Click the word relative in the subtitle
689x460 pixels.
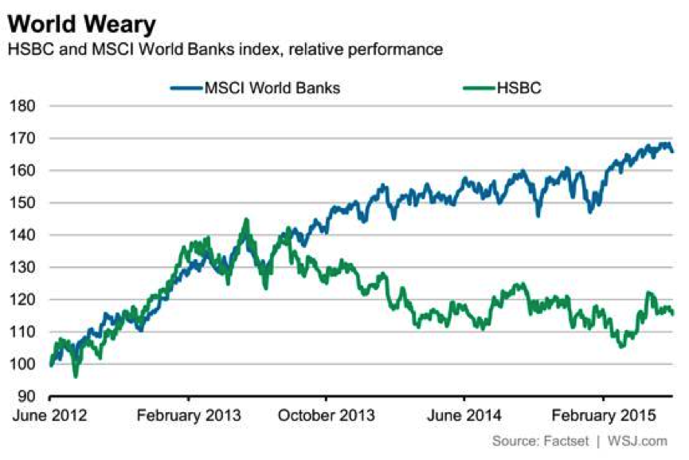click(317, 49)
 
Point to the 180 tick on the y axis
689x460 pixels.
click(23, 106)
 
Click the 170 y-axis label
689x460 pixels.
click(23, 138)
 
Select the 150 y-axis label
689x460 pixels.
click(23, 202)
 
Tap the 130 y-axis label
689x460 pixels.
click(23, 267)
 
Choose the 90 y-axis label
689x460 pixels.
click(27, 396)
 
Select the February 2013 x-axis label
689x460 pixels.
click(188, 415)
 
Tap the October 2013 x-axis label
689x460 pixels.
click(326, 415)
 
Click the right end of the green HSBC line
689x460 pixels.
click(673, 313)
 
